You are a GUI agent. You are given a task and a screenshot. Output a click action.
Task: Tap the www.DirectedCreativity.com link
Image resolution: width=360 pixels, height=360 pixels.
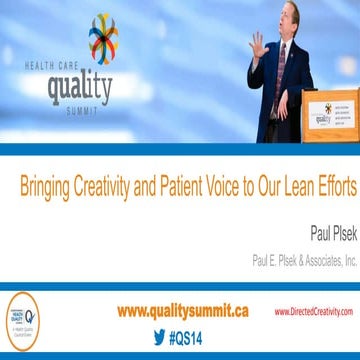pyautogui.click(x=313, y=312)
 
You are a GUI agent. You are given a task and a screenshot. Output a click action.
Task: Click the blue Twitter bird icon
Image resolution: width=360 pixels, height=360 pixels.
pyautogui.click(x=158, y=337)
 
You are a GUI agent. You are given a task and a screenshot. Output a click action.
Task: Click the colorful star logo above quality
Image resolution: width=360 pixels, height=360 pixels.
pyautogui.click(x=102, y=37)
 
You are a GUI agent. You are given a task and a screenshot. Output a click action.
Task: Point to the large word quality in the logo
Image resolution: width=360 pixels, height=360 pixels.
pyautogui.click(x=80, y=87)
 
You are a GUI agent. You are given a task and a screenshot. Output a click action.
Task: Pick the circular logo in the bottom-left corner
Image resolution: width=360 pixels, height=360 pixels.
pyautogui.click(x=22, y=321)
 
